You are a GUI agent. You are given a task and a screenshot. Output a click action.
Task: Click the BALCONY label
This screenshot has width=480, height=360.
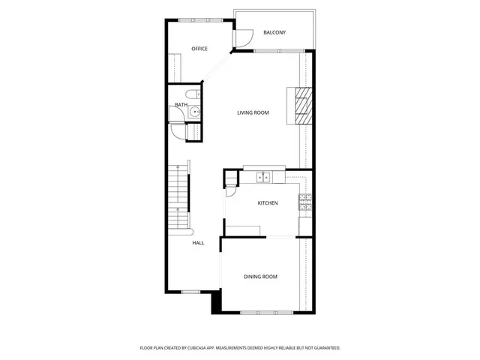pos(274,32)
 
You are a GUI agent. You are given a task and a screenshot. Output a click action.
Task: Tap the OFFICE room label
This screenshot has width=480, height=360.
pos(199,49)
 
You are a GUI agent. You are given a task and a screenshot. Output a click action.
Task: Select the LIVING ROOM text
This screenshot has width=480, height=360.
pos(253,112)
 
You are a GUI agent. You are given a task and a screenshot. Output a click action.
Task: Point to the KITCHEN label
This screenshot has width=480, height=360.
pos(268,203)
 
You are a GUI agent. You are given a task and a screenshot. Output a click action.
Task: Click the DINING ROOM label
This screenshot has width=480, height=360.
pos(260,277)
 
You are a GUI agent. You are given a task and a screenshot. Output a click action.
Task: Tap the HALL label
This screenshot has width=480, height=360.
pos(198,243)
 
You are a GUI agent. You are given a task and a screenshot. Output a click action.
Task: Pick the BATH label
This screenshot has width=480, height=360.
pos(181,105)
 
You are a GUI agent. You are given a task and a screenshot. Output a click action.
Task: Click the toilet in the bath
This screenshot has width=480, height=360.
pos(193,94)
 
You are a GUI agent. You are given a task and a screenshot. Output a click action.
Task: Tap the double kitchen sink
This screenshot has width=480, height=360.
pos(263,178)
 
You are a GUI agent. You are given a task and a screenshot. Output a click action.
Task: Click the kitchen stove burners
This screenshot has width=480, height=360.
pos(305,199)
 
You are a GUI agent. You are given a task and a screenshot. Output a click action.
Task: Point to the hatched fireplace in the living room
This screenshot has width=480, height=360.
pos(302,105)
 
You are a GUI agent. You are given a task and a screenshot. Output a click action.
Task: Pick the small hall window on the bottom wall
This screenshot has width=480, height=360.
pos(190,291)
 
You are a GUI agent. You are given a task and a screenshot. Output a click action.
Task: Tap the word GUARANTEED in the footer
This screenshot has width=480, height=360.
pos(323,348)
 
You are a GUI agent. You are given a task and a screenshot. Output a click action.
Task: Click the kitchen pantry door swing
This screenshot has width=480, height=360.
pos(229,191)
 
